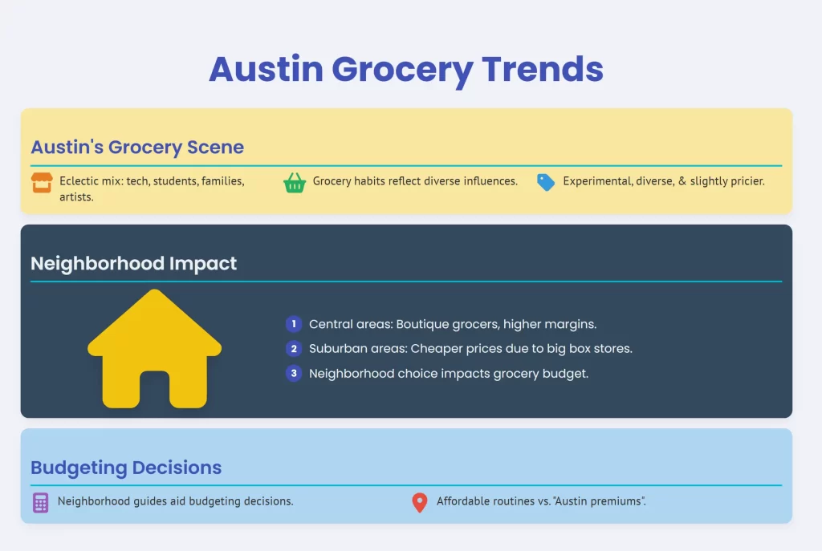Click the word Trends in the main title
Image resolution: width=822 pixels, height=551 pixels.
[x=542, y=69]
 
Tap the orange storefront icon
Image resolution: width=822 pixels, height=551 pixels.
[x=42, y=183]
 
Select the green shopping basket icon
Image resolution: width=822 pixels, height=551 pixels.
[x=295, y=183]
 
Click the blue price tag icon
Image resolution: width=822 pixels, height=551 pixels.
[x=546, y=182]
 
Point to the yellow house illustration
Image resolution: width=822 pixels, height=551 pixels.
[x=155, y=349]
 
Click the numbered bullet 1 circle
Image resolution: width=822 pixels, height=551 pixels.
[x=294, y=324]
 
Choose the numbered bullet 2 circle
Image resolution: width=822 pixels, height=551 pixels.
[x=294, y=349]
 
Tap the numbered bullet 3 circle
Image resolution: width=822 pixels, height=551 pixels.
[x=294, y=374]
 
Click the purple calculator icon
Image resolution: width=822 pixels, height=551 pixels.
[x=40, y=503]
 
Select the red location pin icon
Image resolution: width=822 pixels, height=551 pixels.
[x=419, y=502]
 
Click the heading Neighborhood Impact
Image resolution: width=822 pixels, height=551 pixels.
[x=134, y=263]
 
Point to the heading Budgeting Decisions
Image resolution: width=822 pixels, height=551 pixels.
[x=126, y=468]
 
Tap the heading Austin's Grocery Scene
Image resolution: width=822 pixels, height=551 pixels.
[x=137, y=148]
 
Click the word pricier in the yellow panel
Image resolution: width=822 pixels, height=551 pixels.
[x=746, y=181]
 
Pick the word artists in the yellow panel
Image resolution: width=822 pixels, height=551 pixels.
[x=76, y=197]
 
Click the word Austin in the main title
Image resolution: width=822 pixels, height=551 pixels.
[x=267, y=69]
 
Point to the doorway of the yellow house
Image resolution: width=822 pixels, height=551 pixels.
[x=155, y=390]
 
